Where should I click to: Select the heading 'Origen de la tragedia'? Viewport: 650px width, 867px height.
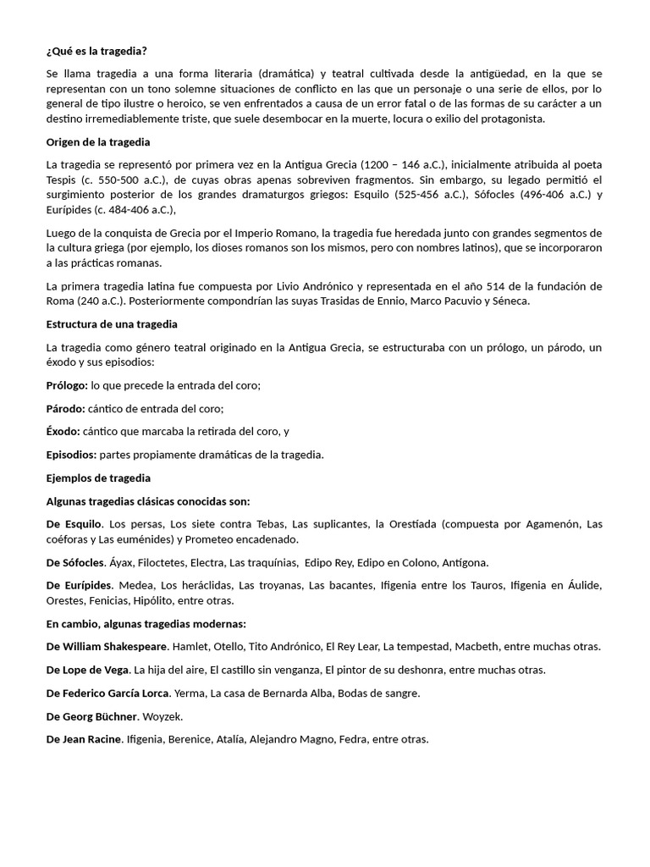pos(98,141)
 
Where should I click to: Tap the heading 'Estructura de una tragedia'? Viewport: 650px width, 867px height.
pos(112,324)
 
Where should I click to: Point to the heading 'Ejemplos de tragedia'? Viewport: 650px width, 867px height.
pos(98,478)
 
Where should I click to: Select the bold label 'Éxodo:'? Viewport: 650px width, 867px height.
pos(63,431)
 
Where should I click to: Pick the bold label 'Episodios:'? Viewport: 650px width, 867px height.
pos(71,455)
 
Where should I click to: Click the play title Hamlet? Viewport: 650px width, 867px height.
pos(190,647)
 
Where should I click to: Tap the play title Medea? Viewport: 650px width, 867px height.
pos(135,585)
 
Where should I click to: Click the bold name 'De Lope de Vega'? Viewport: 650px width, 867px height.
pos(88,670)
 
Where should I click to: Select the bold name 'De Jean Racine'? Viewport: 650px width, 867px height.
pos(85,739)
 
